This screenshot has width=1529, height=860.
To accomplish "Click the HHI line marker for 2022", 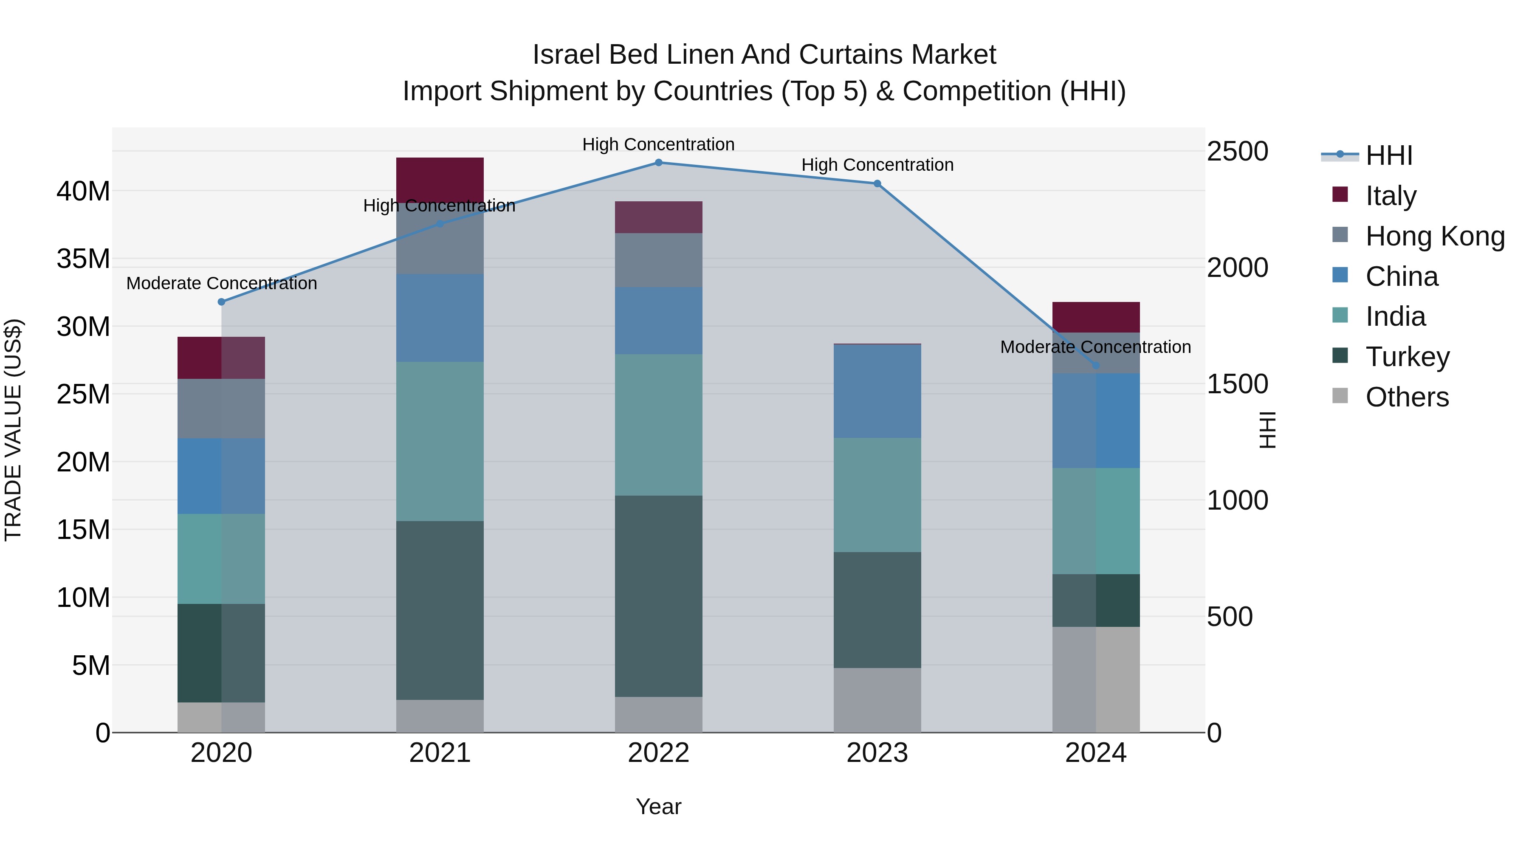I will (658, 162).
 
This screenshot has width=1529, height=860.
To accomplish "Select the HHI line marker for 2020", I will (221, 302).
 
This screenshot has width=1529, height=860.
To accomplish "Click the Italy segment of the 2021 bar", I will (440, 179).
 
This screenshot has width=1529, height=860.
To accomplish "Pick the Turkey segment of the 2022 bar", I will (658, 595).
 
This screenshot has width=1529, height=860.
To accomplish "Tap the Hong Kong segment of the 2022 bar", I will (658, 260).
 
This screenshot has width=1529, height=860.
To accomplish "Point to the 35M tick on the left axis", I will (83, 259).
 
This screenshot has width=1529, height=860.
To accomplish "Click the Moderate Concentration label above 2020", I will (221, 283).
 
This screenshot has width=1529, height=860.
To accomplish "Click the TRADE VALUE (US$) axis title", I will (14, 430).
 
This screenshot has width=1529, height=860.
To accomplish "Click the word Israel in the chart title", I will (567, 55).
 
